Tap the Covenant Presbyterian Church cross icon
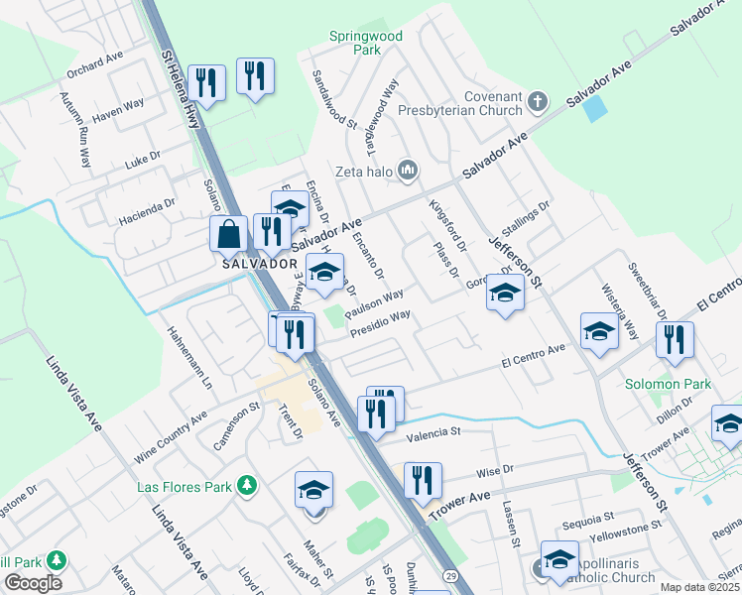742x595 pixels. pos(537,100)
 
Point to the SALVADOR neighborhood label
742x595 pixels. pos(259,265)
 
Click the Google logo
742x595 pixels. pos(33,583)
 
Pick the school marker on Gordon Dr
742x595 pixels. pos(505,293)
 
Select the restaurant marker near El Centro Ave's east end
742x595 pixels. pos(675,340)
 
